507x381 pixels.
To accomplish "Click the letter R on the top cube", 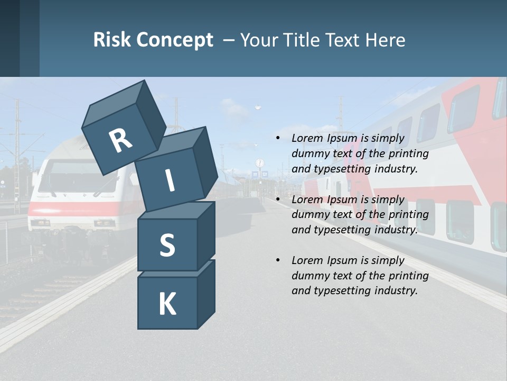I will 120,141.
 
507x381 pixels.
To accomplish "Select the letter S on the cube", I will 167,246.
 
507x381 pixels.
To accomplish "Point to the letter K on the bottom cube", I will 167,304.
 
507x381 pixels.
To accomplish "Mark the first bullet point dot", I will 278,138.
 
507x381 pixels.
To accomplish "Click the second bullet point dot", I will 278,199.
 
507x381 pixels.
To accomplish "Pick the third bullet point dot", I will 278,260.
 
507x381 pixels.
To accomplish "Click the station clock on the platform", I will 259,163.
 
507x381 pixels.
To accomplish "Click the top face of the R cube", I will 113,100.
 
